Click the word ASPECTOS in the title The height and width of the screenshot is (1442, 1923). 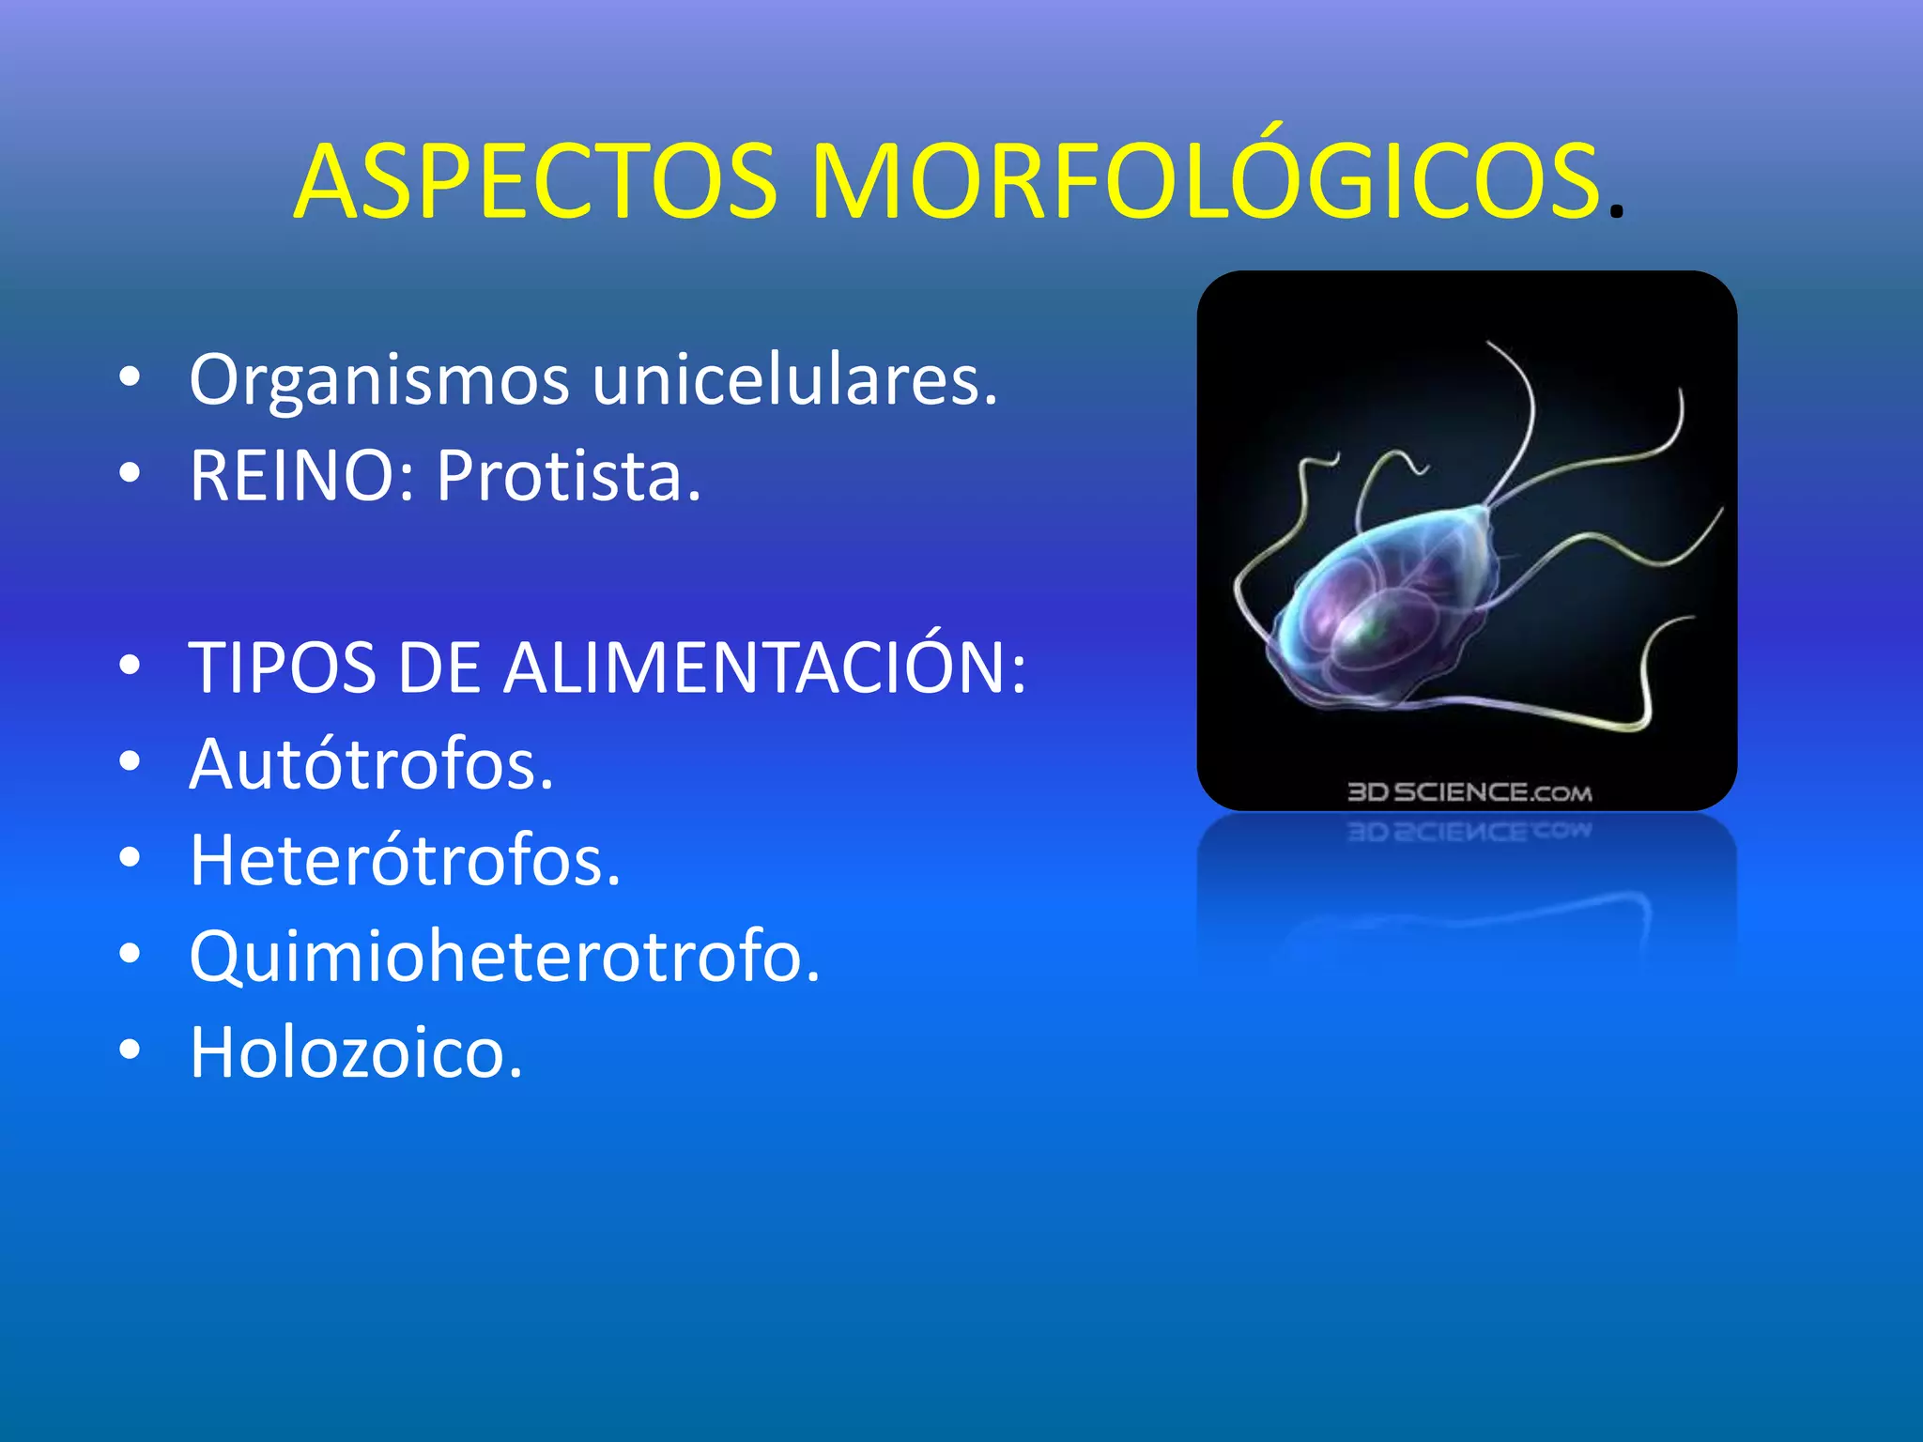[535, 182]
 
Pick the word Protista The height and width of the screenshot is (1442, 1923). [568, 477]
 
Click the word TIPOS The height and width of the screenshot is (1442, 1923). [282, 668]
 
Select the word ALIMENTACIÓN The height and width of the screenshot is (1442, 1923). [765, 668]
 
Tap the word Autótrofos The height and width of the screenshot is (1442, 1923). [372, 765]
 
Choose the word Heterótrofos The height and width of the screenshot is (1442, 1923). [405, 861]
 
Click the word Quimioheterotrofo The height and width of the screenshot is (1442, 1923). [504, 958]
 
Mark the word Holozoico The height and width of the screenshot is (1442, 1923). [356, 1053]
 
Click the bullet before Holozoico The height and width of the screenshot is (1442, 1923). [130, 1050]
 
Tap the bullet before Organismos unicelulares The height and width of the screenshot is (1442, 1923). [130, 377]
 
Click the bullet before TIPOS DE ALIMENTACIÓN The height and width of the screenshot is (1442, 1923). [130, 666]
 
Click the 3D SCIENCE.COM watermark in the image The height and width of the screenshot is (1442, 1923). [1469, 792]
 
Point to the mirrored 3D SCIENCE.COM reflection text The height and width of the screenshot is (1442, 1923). [1469, 832]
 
